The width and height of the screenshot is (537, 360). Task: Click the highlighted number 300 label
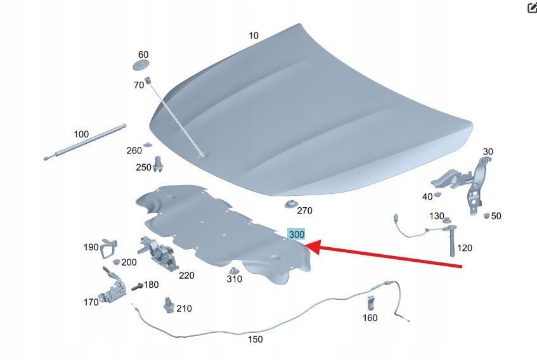[296, 235]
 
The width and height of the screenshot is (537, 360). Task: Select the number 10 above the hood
[254, 35]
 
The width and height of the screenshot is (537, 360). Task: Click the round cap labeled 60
[141, 65]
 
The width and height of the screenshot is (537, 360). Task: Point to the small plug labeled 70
[148, 80]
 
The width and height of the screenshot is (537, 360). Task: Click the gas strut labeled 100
[85, 142]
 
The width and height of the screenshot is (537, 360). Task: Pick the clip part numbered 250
[157, 164]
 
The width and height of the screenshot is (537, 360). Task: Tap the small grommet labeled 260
[148, 145]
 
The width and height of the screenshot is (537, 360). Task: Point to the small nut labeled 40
[437, 195]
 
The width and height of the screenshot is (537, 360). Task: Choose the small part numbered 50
[486, 215]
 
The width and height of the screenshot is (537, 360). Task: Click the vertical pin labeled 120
[451, 241]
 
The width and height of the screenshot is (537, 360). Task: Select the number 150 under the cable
[255, 340]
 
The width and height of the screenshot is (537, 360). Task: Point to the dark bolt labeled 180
[137, 286]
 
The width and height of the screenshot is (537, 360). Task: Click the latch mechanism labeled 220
[158, 253]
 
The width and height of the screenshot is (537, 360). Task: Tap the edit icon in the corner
[532, 8]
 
